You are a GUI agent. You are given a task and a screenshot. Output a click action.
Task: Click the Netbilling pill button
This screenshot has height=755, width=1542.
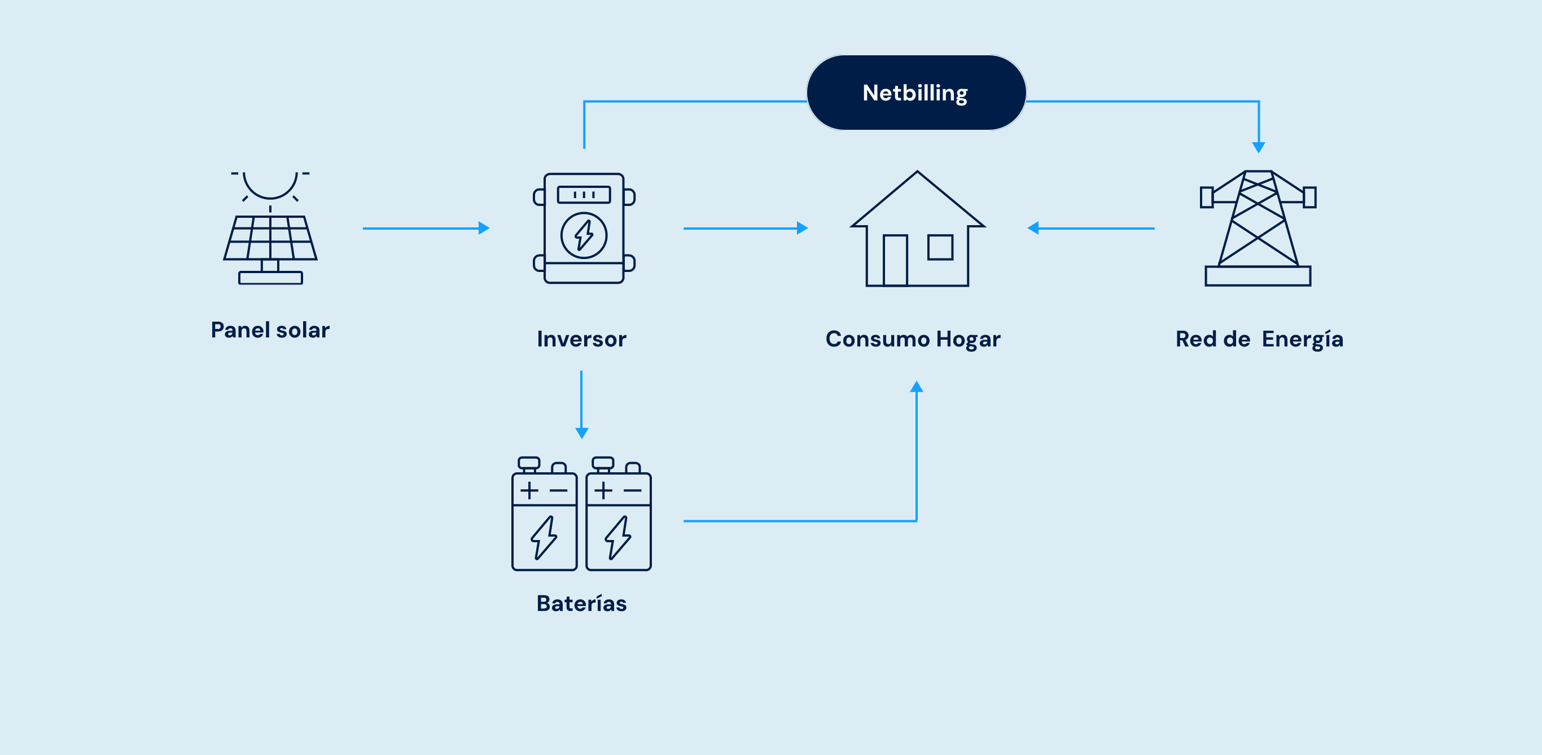pyautogui.click(x=916, y=93)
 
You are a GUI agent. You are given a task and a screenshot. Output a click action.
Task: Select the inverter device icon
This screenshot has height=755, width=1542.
pyautogui.click(x=584, y=228)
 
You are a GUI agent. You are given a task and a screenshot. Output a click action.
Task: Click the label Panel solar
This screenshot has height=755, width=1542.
pyautogui.click(x=270, y=330)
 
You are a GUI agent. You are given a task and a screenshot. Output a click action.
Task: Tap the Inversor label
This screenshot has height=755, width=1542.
pyautogui.click(x=581, y=339)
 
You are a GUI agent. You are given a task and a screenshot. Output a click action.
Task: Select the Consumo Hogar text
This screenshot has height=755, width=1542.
pyautogui.click(x=913, y=339)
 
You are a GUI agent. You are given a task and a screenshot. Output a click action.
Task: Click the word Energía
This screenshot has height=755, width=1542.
pyautogui.click(x=1303, y=339)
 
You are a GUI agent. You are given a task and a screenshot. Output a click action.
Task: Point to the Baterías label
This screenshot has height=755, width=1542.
pyautogui.click(x=581, y=604)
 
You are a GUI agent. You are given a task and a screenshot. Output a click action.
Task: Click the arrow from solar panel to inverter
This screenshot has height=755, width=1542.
pyautogui.click(x=426, y=228)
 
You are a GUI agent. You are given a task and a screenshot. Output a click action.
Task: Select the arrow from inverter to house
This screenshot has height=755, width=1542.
pyautogui.click(x=746, y=228)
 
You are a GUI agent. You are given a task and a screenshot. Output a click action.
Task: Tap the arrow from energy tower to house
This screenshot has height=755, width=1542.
pyautogui.click(x=1090, y=228)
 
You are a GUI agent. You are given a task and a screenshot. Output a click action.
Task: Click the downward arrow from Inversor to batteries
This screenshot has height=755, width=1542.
pyautogui.click(x=581, y=405)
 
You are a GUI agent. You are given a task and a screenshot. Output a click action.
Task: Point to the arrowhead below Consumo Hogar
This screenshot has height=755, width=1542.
pyautogui.click(x=917, y=387)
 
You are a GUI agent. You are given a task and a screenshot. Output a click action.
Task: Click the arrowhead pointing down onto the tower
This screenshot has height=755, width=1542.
pyautogui.click(x=1259, y=147)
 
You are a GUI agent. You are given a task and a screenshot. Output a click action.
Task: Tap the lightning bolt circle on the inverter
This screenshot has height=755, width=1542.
pyautogui.click(x=584, y=236)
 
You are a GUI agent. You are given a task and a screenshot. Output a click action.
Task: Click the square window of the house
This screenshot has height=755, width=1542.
pyautogui.click(x=940, y=247)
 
